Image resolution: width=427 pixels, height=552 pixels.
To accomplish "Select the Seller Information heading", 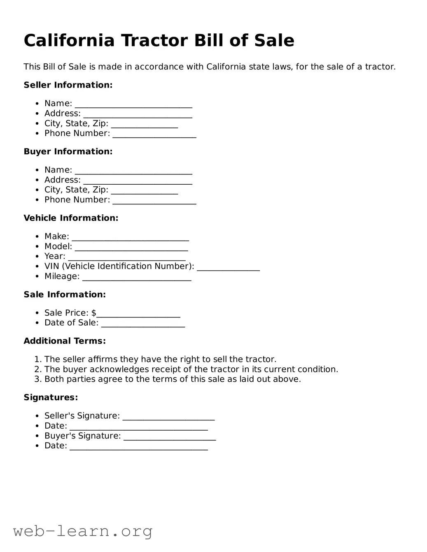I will tap(68, 85).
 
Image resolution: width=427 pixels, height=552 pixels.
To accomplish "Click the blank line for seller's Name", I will tap(133, 104).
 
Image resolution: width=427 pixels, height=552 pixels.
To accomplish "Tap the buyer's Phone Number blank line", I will tap(154, 201).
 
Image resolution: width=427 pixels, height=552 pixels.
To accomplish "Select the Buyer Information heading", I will tap(68, 151).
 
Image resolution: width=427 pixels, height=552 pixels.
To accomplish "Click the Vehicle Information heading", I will tap(71, 218).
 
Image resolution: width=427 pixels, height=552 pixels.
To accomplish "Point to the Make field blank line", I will tap(130, 237).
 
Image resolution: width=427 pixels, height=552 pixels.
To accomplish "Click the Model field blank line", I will tap(131, 247).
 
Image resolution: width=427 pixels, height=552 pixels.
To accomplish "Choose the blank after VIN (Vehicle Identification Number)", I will tap(228, 267).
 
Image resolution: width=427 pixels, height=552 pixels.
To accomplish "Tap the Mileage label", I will tap(62, 276).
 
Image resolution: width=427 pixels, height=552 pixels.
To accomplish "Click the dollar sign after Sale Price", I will tap(94, 313).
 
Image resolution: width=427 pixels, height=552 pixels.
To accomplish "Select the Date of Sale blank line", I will tap(143, 324).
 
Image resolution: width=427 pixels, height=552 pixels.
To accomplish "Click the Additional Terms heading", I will tap(65, 341).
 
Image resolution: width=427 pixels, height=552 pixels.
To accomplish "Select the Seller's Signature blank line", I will tap(168, 417).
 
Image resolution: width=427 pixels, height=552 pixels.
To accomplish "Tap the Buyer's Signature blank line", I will tap(169, 437).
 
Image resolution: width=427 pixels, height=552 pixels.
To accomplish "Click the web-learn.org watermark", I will tap(83, 531).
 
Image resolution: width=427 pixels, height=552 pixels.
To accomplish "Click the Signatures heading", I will tap(51, 397).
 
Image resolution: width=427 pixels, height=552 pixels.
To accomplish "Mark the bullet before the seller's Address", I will tap(37, 114).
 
